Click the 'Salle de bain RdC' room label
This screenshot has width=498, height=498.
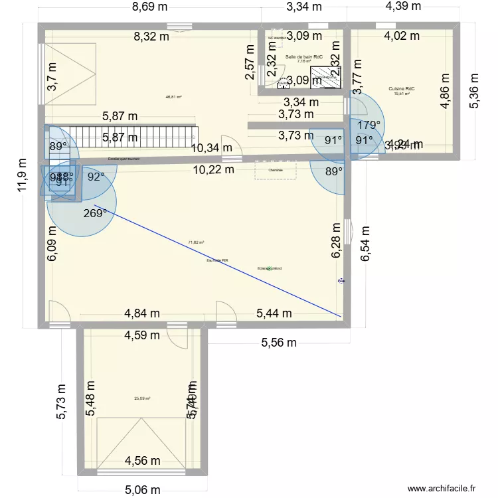(303, 58)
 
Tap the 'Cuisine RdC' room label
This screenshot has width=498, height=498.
(402, 88)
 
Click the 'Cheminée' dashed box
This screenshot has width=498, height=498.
(275, 170)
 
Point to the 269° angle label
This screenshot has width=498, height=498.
(96, 214)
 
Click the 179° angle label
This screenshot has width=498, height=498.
(370, 124)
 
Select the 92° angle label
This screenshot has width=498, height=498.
(96, 177)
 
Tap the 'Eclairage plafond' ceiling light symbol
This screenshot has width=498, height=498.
(269, 268)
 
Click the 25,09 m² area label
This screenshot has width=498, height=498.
(142, 398)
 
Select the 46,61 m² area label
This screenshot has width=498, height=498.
(174, 97)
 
